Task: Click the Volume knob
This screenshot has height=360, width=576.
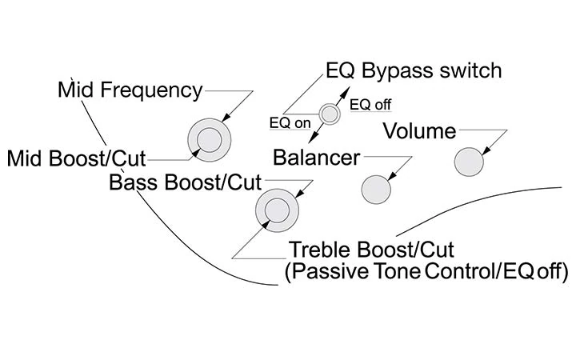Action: coord(470,162)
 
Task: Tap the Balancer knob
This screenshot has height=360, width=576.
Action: coord(377,190)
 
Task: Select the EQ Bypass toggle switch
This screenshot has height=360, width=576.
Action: coord(329,114)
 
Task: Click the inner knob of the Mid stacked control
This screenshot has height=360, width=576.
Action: coord(209,139)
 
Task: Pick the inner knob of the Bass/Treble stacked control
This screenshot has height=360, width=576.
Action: coord(277,211)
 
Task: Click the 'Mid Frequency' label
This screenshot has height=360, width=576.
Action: coord(130,90)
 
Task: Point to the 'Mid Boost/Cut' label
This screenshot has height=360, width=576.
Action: coord(77,156)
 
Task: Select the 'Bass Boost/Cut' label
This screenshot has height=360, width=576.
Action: coord(179,182)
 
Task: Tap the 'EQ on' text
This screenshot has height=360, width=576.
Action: coord(290,123)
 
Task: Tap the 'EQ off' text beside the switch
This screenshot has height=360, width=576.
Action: coord(370,105)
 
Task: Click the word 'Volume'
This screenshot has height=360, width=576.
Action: coord(419,130)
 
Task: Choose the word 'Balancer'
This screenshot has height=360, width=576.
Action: coord(317,157)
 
